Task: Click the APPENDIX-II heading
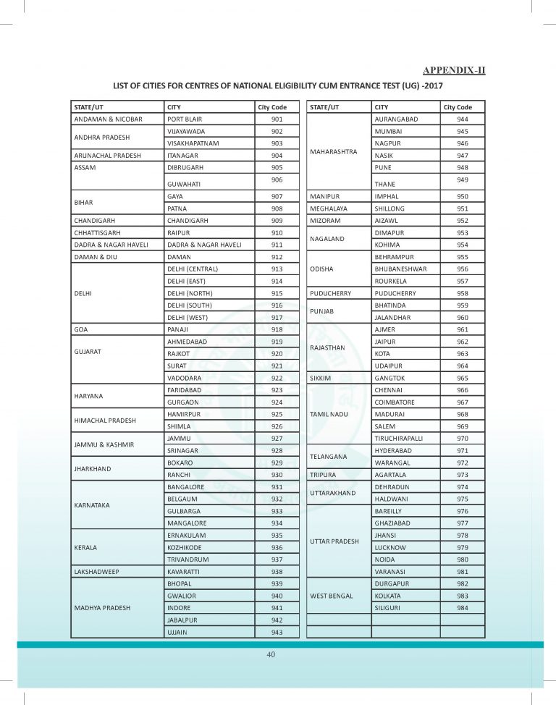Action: [x=454, y=70]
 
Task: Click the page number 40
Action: [x=271, y=654]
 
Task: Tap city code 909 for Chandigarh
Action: [x=277, y=220]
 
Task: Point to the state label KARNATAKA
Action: [x=92, y=504]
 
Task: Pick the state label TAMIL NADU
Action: [x=331, y=414]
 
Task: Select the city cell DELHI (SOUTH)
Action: [x=190, y=305]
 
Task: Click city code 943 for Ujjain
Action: [x=277, y=633]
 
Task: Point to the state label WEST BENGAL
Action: [x=332, y=596]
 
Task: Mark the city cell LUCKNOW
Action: [x=390, y=546]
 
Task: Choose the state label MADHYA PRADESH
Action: [x=102, y=608]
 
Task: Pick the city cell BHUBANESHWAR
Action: [x=400, y=269]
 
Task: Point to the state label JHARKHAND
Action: [x=91, y=468]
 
